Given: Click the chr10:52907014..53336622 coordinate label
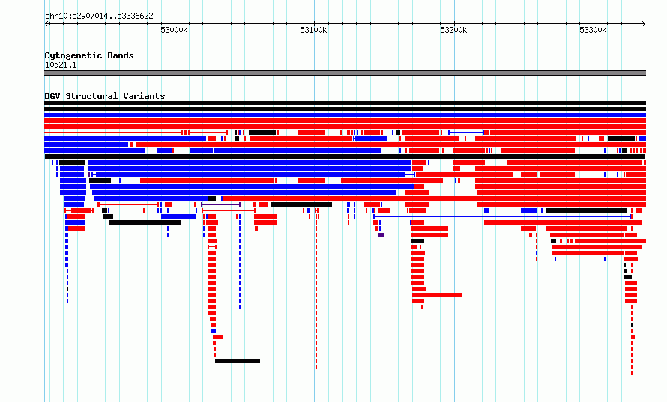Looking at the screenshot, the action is pos(99,16).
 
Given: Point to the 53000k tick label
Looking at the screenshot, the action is pos(174,30).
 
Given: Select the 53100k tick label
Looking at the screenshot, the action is pos(313,30).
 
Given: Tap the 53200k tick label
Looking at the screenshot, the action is pos(453,30).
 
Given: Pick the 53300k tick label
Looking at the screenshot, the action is pos(593,30).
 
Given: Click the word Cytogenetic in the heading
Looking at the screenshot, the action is pos(73,55).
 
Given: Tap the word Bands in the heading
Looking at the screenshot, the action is pos(121,55).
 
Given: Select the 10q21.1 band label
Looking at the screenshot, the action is pos(61,64).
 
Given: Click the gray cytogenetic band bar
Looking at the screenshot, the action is pos(345,73).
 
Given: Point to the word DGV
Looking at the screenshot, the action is pos(52,96).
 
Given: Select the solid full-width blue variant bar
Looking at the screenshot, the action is pos(345,115).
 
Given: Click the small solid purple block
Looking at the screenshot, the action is pos(381,235).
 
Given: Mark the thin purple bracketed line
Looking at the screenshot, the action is pos(221,205).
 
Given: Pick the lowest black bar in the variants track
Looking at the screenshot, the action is pos(238,361).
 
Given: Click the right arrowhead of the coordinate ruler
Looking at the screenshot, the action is pos(644,23).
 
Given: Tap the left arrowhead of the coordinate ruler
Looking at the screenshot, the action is pos(46,23).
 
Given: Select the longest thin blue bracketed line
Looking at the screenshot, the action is pos(502,217).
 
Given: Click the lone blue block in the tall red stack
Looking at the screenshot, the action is pos(214,331).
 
